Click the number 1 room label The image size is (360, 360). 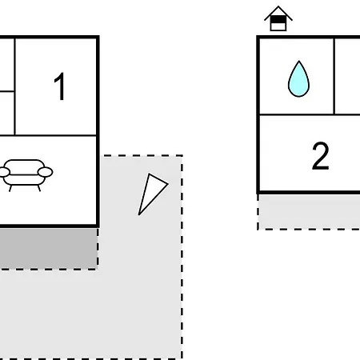(x=60, y=86)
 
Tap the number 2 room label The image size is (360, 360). (x=320, y=156)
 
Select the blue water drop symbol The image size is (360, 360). (x=298, y=79)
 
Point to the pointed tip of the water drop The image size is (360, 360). (x=299, y=61)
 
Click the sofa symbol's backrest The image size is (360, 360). (x=25, y=166)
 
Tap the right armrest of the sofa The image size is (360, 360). (x=45, y=172)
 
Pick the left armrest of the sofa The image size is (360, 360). (x=4, y=172)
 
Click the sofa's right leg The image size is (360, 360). (x=39, y=188)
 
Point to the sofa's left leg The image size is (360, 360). (x=10, y=188)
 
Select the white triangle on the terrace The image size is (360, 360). (x=151, y=191)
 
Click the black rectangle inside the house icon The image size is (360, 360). (x=278, y=19)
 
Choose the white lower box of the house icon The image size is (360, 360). (x=278, y=26)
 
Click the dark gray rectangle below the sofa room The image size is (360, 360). (x=48, y=249)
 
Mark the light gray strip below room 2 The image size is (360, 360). (x=310, y=211)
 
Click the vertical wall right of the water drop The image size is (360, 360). (x=334, y=76)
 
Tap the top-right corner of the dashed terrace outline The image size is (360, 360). (x=182, y=155)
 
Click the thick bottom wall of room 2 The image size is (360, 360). (x=309, y=192)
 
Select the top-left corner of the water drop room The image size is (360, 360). (x=258, y=37)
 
